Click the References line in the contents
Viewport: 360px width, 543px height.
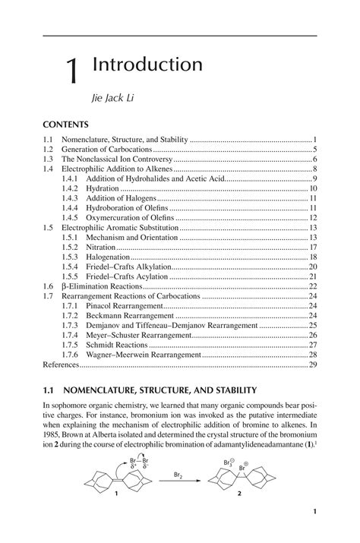pos(61,365)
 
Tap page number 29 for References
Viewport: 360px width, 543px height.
pos(312,365)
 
